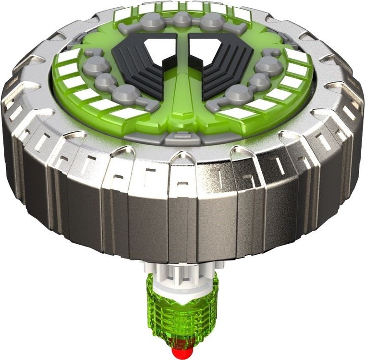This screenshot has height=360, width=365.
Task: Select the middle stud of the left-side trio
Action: click(x=105, y=82)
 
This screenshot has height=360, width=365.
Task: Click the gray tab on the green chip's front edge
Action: click(x=182, y=138)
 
